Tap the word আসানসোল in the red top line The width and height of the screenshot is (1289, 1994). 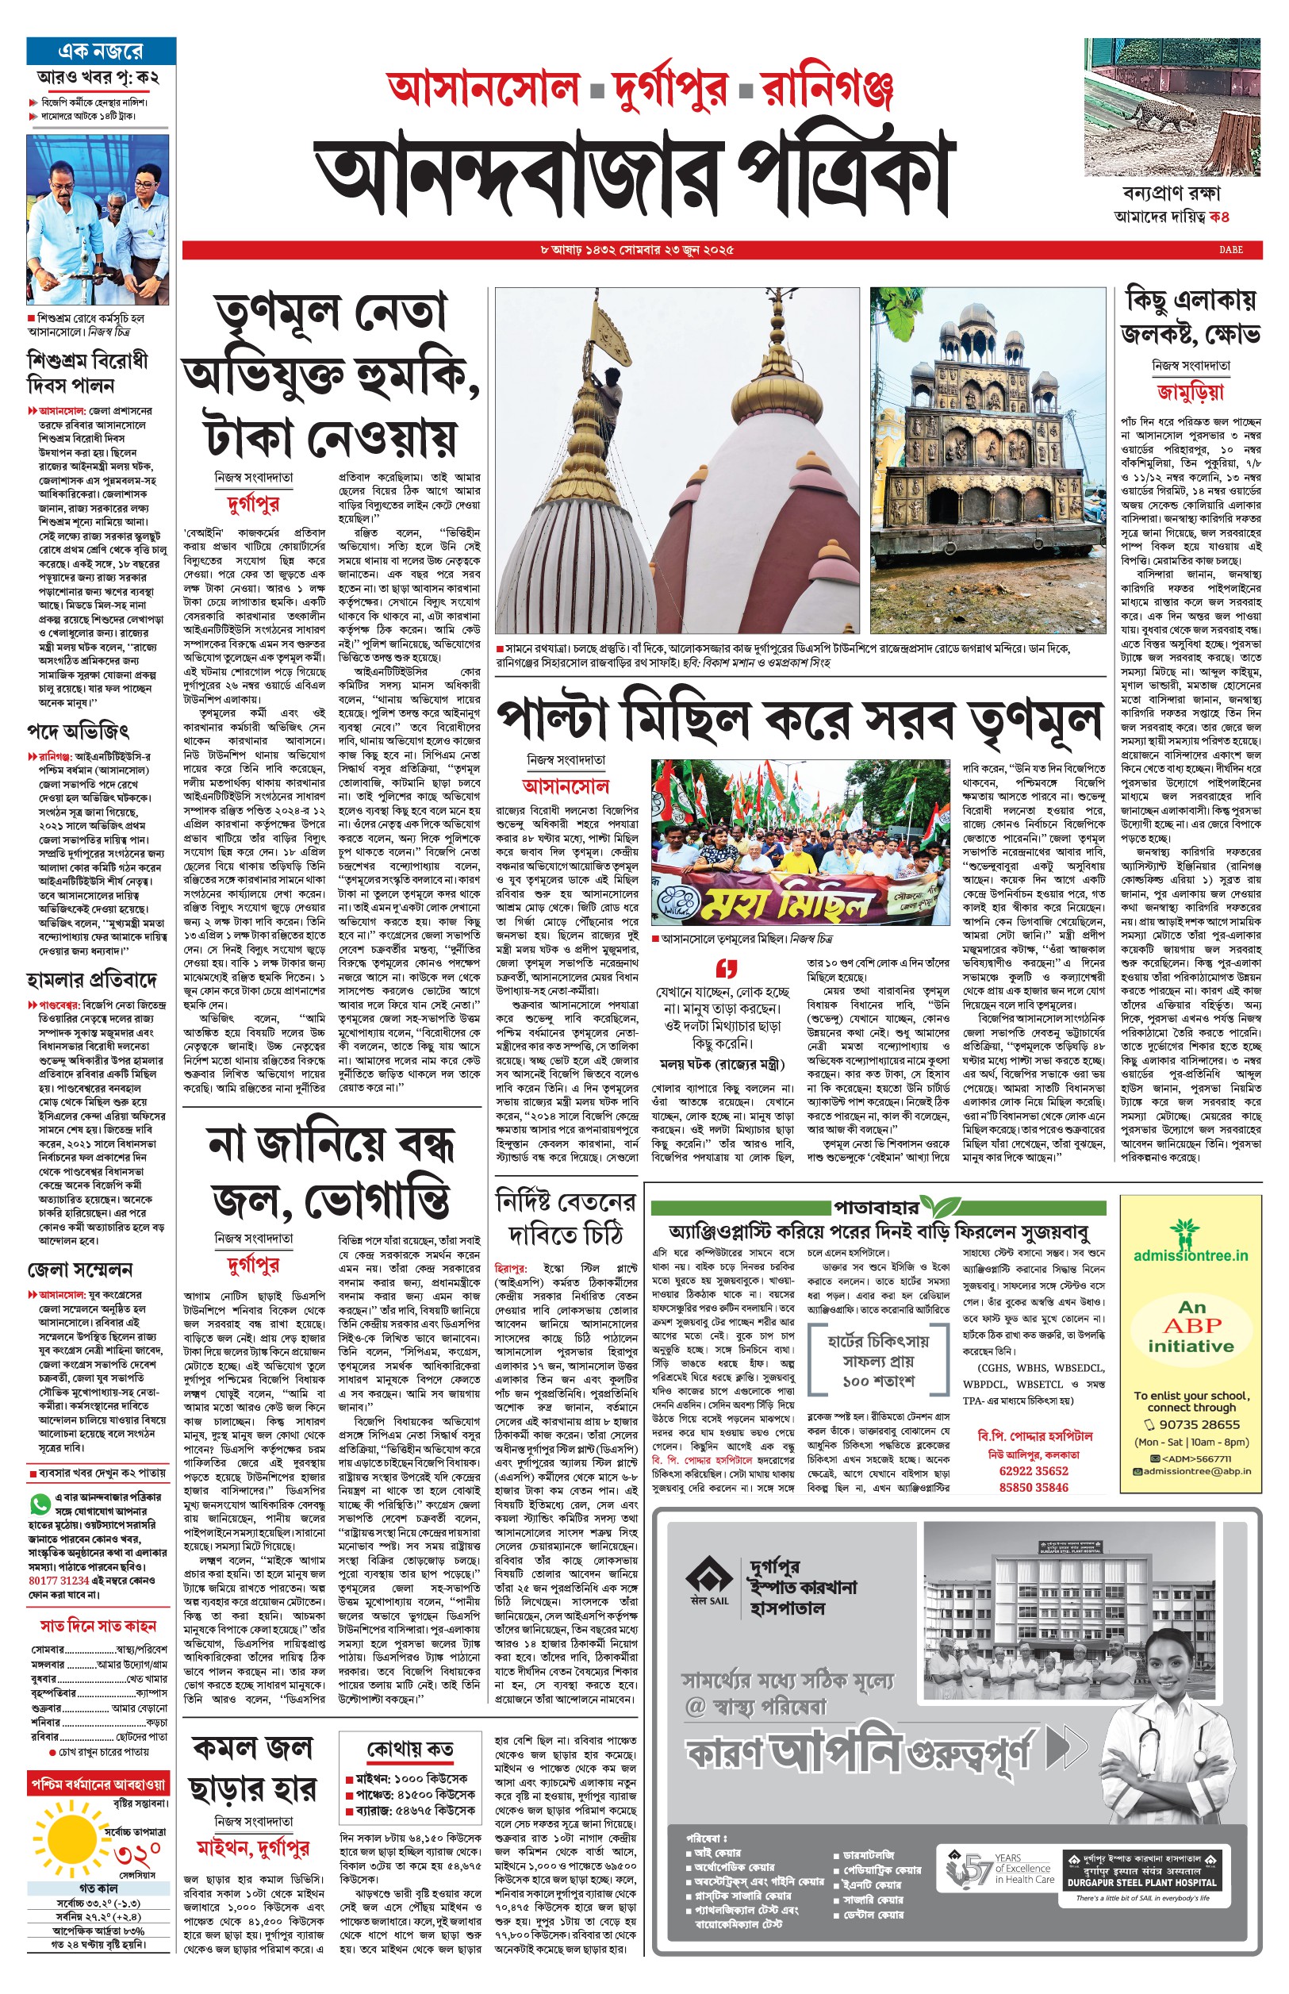(x=483, y=89)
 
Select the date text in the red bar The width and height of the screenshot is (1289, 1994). (x=637, y=249)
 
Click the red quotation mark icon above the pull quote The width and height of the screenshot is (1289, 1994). (x=726, y=970)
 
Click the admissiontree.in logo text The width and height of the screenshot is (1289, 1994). (x=1190, y=1254)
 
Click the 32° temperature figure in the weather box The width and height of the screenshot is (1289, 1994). (x=138, y=1852)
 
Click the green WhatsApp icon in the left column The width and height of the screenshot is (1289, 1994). (x=40, y=1504)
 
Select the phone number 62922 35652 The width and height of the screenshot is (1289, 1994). (x=1033, y=1471)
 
